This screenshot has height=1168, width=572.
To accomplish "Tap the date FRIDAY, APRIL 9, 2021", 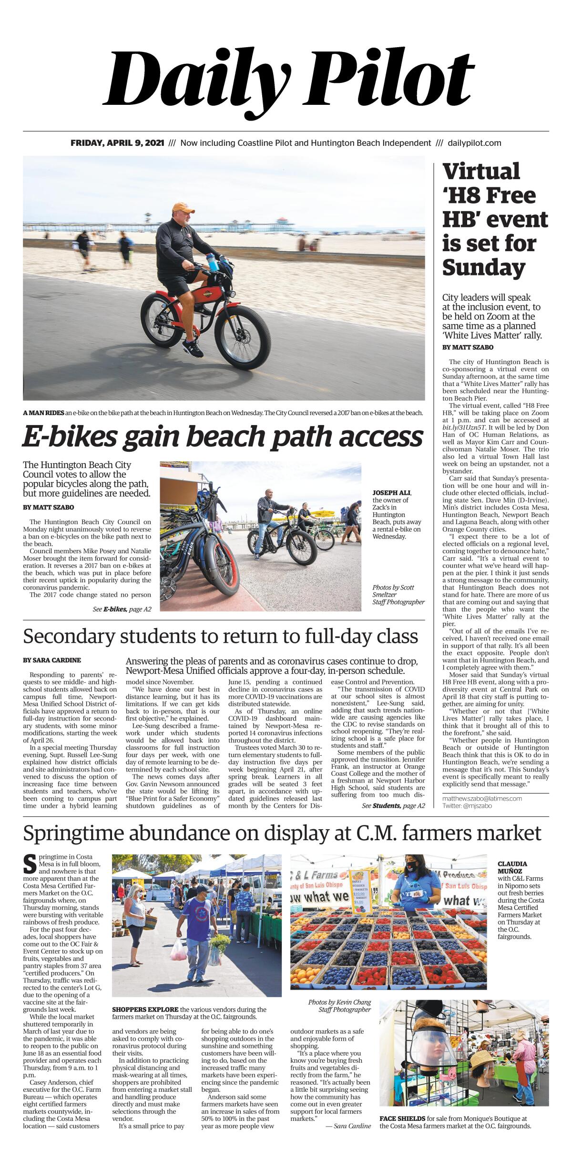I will pos(117,143).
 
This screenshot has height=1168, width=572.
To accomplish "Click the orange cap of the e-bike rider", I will pos(184,208).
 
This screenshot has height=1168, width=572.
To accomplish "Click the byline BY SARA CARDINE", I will pos(52,660).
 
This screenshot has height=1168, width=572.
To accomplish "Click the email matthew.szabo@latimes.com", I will pos(482,798).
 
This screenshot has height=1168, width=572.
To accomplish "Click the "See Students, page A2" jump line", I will pos(393,806).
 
